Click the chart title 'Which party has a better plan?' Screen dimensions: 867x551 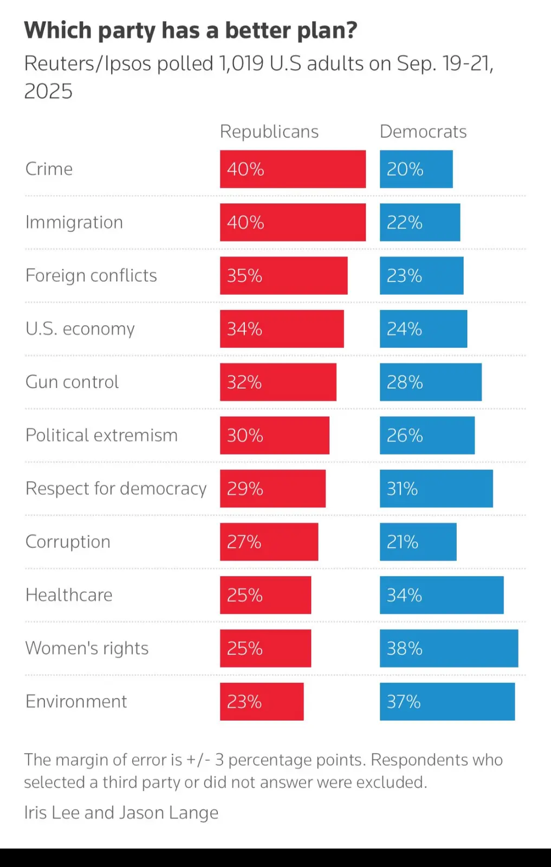point(191,31)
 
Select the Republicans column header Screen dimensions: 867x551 point(269,132)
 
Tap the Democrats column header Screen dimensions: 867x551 point(423,132)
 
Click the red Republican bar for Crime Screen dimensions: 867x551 point(293,169)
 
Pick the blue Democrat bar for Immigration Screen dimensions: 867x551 point(420,222)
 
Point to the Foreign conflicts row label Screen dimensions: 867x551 point(91,275)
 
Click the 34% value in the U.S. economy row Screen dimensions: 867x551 point(244,329)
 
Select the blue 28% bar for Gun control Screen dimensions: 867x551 point(431,382)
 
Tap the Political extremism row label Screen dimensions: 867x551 point(101,435)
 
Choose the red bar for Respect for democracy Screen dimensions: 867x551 point(273,488)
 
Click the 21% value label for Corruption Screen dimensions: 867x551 point(403,542)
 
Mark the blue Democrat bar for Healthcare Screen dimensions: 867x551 point(442,595)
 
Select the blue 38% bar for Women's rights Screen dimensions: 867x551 point(449,648)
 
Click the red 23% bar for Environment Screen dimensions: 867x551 point(262,702)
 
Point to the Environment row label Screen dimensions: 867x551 point(76,702)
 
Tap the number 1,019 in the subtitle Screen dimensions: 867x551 point(241,64)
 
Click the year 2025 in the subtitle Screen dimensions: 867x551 point(48,91)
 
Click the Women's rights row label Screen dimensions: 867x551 point(87,648)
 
